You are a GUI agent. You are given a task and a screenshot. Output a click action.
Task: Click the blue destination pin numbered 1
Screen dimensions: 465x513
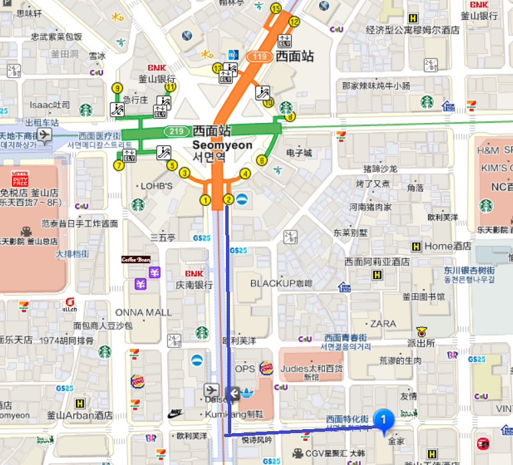tap(384, 418)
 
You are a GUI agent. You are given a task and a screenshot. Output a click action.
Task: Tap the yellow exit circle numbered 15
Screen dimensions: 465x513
tap(276, 8)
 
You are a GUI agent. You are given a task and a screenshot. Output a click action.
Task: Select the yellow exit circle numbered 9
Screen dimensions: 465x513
tap(118, 88)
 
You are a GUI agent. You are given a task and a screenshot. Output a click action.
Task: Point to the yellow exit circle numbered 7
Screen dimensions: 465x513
tap(119, 165)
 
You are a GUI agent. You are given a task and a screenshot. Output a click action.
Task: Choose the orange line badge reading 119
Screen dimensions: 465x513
tap(259, 56)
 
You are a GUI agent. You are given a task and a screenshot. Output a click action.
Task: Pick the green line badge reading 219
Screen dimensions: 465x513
tap(176, 131)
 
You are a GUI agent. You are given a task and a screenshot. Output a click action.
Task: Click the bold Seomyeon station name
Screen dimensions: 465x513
tap(223, 145)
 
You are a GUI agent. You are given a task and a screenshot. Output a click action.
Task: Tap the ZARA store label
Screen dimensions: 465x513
tap(383, 324)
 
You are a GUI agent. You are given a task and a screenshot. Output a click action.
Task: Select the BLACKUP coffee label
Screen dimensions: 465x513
tap(282, 283)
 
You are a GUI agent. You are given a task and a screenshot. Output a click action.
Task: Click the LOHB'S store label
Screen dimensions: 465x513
tap(157, 186)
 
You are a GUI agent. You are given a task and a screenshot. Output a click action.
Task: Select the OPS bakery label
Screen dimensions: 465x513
tap(245, 369)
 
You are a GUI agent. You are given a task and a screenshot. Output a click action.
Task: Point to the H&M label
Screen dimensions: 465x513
tap(488, 150)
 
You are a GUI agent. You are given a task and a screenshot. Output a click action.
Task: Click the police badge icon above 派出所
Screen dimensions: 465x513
tap(421, 331)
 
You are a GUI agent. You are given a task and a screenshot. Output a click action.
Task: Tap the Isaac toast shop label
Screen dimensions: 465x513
tap(49, 105)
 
